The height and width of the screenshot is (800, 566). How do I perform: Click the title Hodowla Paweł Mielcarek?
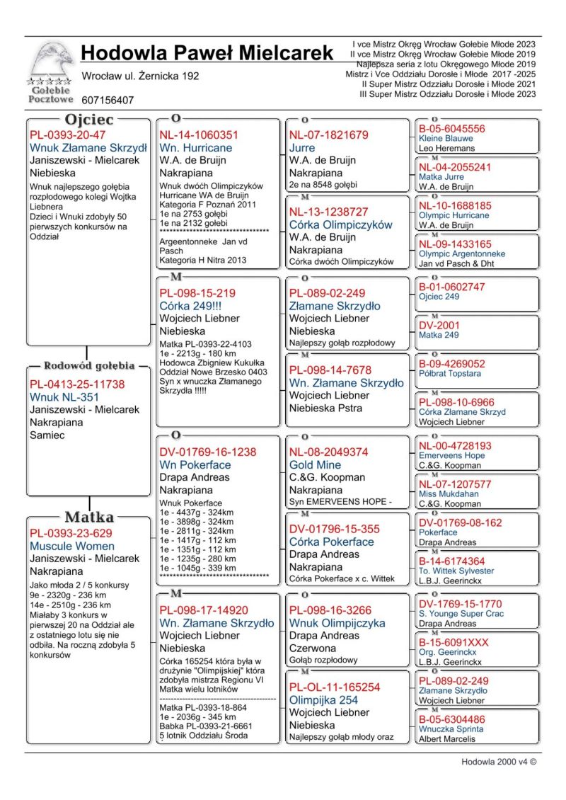(207, 53)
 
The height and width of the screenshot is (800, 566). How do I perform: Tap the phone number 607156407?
(108, 101)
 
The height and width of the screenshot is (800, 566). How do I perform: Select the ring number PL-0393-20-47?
(67, 135)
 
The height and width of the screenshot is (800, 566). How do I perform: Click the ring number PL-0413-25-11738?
(77, 384)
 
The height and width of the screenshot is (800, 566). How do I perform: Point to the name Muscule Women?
(71, 547)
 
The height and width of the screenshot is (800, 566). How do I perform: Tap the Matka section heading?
(88, 517)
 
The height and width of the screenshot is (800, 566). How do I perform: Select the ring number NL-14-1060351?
(199, 135)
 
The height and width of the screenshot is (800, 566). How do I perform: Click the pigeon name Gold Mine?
(315, 465)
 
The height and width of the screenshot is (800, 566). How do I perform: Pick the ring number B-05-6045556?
(452, 129)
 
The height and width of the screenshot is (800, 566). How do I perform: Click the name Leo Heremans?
(446, 149)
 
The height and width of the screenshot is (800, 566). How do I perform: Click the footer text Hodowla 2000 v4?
(498, 762)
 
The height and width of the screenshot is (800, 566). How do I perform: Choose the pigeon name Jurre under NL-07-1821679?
(302, 148)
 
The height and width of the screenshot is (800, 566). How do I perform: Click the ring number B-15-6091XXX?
(454, 643)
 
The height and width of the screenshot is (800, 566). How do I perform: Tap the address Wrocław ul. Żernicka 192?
(140, 76)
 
